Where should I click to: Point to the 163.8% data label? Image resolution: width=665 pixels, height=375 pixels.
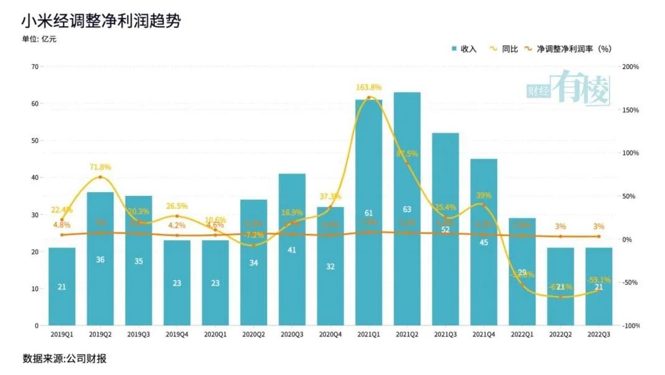[369, 87]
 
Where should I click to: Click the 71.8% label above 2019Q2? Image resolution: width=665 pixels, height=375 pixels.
[100, 168]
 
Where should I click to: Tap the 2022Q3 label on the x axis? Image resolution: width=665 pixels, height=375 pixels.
[598, 334]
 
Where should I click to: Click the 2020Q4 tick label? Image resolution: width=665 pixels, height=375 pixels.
[330, 334]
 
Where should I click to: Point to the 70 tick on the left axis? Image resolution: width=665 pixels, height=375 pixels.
[35, 67]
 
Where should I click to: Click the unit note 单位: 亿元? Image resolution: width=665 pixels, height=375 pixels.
[40, 39]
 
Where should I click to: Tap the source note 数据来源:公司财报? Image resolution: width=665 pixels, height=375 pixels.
[60, 359]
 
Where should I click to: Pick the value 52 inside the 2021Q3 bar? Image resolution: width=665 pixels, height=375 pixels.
[445, 229]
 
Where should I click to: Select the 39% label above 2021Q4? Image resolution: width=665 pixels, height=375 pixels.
[484, 195]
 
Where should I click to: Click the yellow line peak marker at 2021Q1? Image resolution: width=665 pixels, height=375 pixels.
[369, 98]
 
